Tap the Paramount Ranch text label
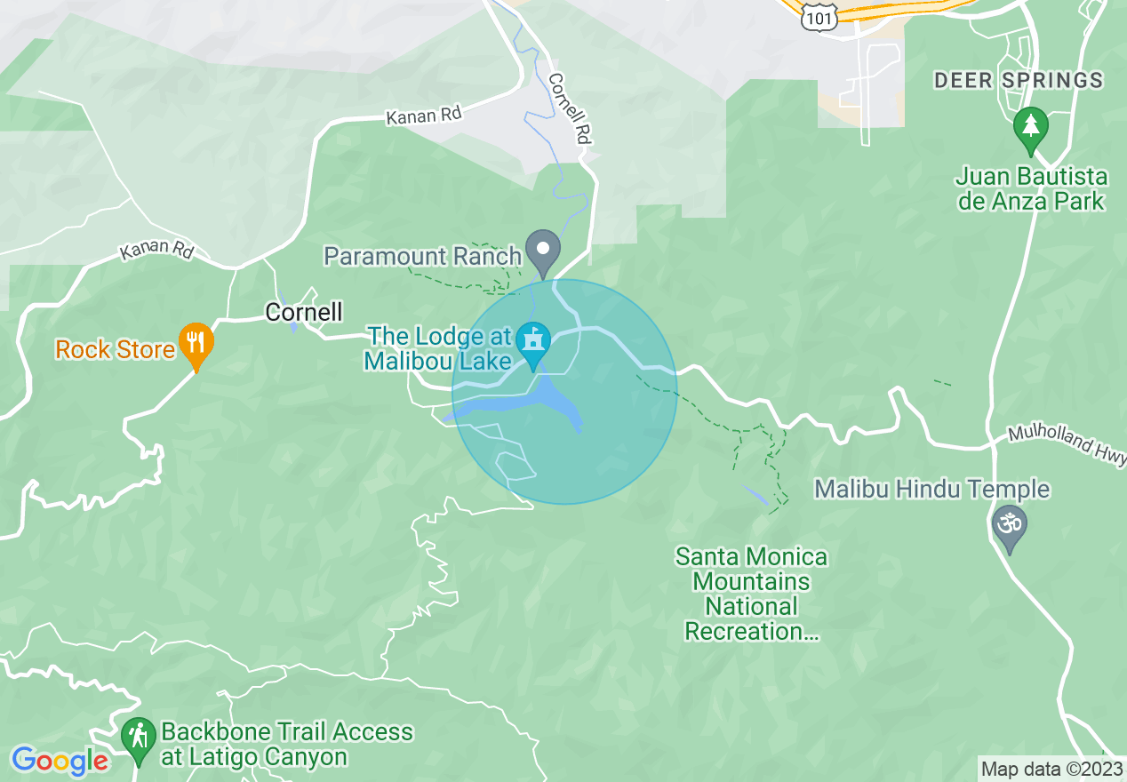[x=422, y=257]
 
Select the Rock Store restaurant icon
[x=196, y=342]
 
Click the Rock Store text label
[x=115, y=350]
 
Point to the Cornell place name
[x=304, y=312]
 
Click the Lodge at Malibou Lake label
[x=439, y=348]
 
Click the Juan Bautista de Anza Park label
[x=1031, y=188]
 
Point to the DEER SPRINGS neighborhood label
[x=1019, y=81]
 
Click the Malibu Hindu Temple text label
[x=932, y=490]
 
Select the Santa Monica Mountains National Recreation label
[x=751, y=594]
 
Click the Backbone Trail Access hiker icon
[x=138, y=738]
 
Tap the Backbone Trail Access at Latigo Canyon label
[x=287, y=745]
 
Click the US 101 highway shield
[x=815, y=17]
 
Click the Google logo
[x=59, y=761]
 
